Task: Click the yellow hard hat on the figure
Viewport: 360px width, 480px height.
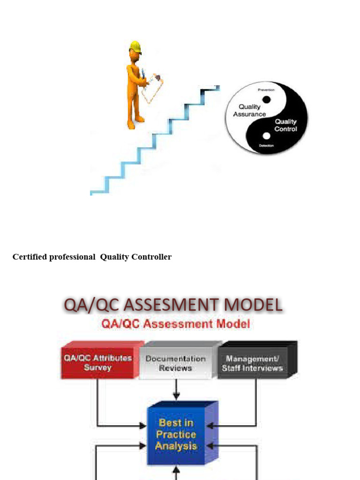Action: pos(135,46)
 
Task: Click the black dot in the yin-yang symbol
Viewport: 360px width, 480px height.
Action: pos(266,99)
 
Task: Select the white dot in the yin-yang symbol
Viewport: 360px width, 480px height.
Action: pos(266,136)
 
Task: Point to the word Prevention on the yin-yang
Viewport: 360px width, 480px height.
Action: pos(266,90)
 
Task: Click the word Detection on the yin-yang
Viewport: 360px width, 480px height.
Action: pos(266,146)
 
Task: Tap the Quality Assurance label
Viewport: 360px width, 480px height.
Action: pos(249,110)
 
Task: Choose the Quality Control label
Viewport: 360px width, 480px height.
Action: pos(285,125)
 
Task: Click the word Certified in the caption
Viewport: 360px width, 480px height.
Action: pos(28,257)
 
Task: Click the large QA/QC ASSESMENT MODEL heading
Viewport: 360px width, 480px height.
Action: pos(173,305)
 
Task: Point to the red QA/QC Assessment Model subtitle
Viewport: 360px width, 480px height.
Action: pos(176,324)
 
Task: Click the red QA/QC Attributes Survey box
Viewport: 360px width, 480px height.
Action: pos(98,363)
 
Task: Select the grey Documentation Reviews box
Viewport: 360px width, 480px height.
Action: pos(176,363)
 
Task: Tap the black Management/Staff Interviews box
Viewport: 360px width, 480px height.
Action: pos(253,363)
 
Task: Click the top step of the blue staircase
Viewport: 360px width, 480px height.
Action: pos(211,88)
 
